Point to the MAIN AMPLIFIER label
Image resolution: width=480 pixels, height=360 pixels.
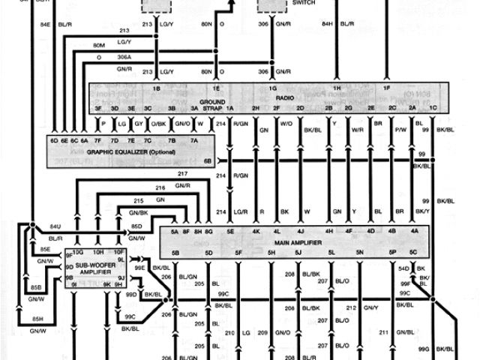[x=289, y=241]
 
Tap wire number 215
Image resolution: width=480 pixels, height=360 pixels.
[x=138, y=201]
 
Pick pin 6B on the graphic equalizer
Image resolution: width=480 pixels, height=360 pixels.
[x=208, y=160]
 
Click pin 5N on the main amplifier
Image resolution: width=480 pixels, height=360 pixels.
[x=360, y=253]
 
